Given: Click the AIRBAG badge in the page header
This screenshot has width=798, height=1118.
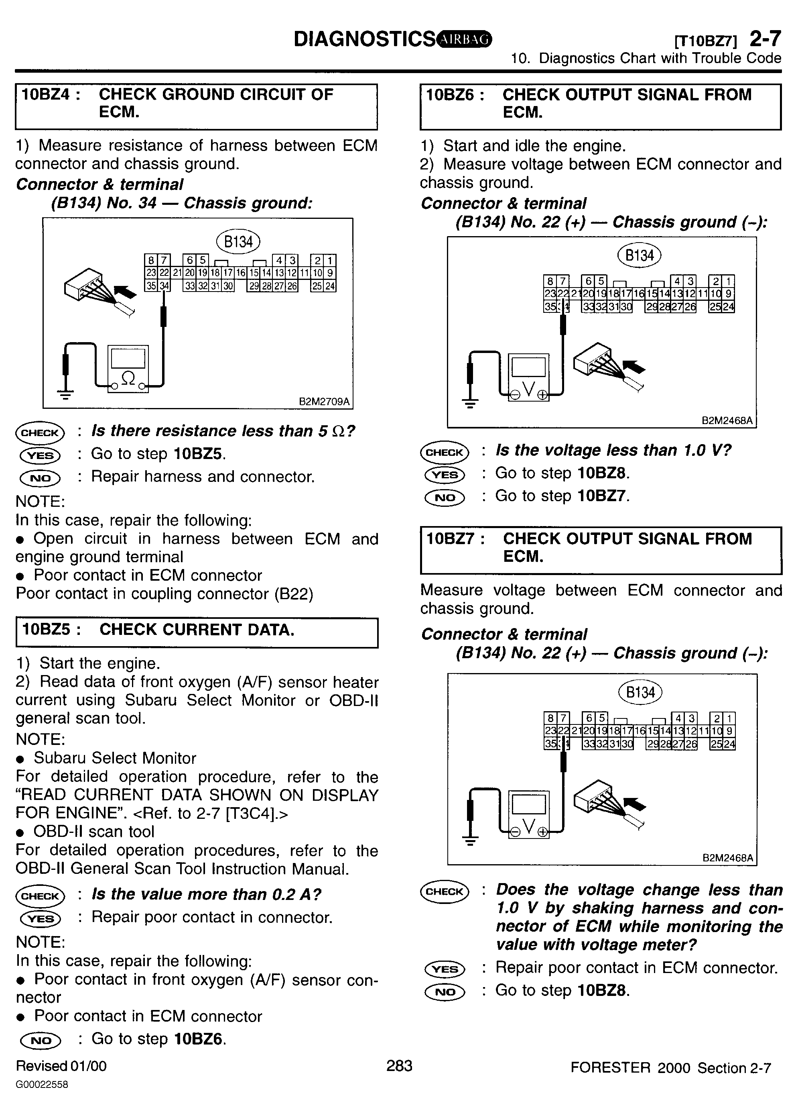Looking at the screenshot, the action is [x=464, y=39].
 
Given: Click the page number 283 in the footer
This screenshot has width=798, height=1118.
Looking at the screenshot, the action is [x=399, y=1065].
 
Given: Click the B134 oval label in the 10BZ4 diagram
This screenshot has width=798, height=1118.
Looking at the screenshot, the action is [x=238, y=241].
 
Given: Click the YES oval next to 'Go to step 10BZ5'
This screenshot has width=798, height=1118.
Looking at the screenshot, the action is [x=40, y=455].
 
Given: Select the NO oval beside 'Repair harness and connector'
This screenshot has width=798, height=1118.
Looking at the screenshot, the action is [x=40, y=477].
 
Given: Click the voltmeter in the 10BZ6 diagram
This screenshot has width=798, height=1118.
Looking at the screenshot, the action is [x=528, y=376].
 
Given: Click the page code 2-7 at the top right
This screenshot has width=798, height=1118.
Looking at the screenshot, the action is [x=765, y=39].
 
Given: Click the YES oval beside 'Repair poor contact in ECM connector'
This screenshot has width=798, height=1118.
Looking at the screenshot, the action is [x=445, y=969].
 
